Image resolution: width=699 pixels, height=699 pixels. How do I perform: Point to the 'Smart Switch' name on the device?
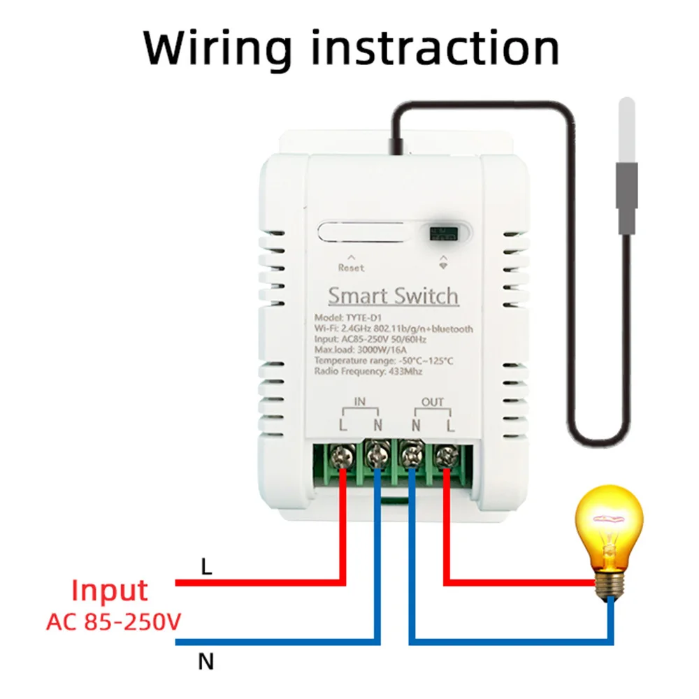coord(394,296)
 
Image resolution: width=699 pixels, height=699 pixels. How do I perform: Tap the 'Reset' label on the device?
coord(351,268)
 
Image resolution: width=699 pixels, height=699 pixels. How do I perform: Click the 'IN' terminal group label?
coord(361,401)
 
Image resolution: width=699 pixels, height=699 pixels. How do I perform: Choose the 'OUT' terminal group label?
coord(432,401)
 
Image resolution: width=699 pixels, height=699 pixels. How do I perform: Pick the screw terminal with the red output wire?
coord(445,459)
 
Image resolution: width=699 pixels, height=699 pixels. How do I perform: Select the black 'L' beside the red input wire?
coord(206,567)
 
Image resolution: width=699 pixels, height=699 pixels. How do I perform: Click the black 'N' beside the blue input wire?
coord(206,661)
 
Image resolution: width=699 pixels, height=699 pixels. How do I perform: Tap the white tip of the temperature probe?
coord(626,130)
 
